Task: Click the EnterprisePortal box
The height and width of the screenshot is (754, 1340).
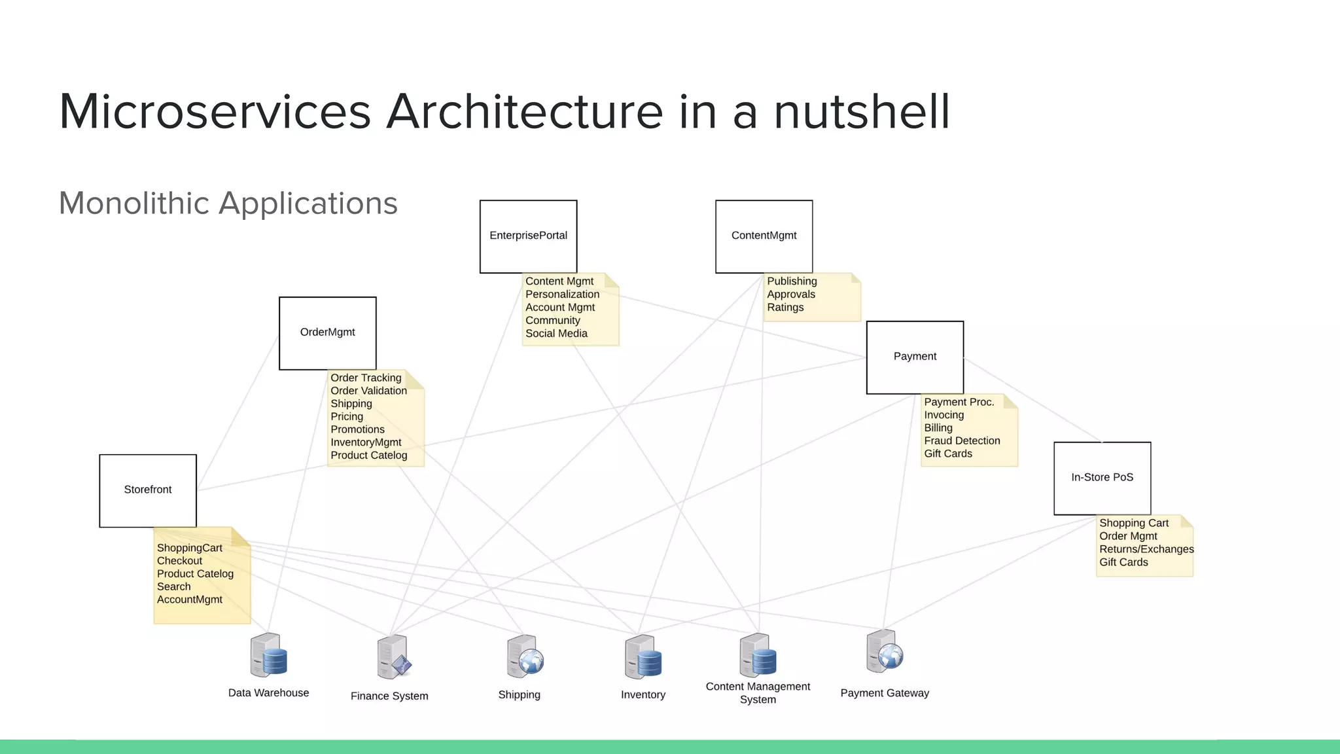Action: pos(528,236)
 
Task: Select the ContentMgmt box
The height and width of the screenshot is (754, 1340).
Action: pos(764,236)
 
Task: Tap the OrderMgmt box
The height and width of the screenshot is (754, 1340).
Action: pos(327,333)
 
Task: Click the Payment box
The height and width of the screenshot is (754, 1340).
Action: pos(915,357)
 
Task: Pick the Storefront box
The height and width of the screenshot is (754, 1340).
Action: pos(148,490)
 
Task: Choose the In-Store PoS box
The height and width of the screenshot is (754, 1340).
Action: pos(1102,478)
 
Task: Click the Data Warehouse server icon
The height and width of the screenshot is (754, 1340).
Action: pos(268,655)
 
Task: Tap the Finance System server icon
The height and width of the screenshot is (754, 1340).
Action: pos(393,657)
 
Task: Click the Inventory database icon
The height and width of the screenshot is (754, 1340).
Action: pos(643,656)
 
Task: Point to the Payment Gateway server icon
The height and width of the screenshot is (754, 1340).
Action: pos(884,652)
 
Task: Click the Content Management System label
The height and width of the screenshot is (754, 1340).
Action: pos(758,692)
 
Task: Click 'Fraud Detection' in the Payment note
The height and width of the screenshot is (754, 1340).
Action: pos(962,440)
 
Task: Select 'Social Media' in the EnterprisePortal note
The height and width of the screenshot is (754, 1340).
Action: pos(556,333)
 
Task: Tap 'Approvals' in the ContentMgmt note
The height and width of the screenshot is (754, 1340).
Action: pos(791,294)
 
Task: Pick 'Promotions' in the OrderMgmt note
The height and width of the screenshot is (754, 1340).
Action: pos(357,429)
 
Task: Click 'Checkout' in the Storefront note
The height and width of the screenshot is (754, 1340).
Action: pos(179,561)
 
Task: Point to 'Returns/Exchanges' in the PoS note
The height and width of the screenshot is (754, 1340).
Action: pos(1146,549)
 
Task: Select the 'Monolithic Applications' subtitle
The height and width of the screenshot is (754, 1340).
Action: pos(228,203)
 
